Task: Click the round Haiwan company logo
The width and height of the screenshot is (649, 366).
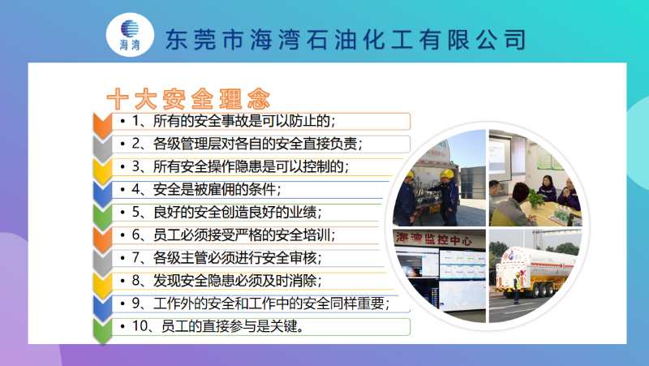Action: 130,35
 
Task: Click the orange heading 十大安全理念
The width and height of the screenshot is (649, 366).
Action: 188,99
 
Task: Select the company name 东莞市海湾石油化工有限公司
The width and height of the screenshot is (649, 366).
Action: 346,40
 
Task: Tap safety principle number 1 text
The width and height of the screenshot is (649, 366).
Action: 234,121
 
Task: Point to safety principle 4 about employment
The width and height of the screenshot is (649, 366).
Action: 207,189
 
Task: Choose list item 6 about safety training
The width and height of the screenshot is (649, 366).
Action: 234,235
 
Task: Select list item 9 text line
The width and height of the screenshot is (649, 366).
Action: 260,304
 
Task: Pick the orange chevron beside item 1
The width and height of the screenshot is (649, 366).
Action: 102,124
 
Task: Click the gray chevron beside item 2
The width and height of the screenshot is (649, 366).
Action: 102,148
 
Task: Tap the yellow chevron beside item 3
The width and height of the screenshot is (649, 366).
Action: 102,170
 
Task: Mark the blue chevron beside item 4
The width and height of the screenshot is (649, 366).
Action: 102,193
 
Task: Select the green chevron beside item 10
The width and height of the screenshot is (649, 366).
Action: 102,330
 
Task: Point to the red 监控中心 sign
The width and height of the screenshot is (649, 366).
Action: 433,239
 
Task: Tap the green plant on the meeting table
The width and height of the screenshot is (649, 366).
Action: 535,199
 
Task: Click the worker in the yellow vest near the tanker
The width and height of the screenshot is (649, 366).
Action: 517,288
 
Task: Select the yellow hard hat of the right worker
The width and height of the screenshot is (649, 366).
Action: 447,174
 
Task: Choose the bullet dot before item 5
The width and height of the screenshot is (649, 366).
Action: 122,213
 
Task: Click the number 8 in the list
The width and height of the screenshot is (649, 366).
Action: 136,281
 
